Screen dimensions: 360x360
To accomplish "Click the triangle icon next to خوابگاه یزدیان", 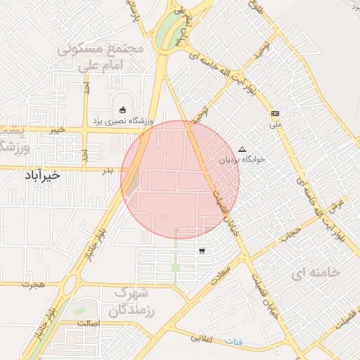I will [x=243, y=149].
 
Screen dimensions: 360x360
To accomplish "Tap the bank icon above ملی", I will [x=275, y=113].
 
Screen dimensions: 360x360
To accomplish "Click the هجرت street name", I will [x=33, y=285].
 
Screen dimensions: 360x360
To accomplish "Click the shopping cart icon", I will [x=202, y=251].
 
